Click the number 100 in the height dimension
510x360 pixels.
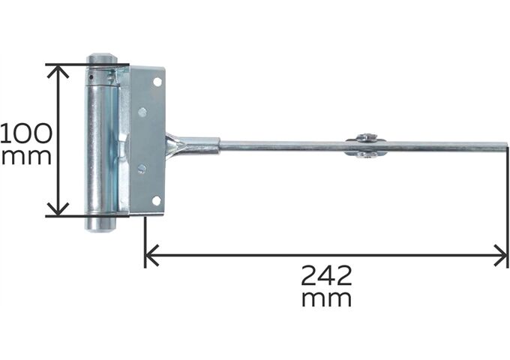point(26,133)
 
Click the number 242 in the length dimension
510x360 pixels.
point(326,275)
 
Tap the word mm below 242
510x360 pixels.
point(326,298)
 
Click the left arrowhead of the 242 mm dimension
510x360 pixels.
point(151,256)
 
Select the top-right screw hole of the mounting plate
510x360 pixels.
point(157,82)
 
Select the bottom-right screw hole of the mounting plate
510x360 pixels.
point(156,199)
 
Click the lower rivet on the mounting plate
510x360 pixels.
point(141,169)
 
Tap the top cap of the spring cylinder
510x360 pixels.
point(100,58)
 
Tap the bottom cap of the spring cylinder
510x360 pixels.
point(99,223)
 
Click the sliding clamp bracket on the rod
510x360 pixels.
point(365,146)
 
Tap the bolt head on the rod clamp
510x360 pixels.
point(366,137)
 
